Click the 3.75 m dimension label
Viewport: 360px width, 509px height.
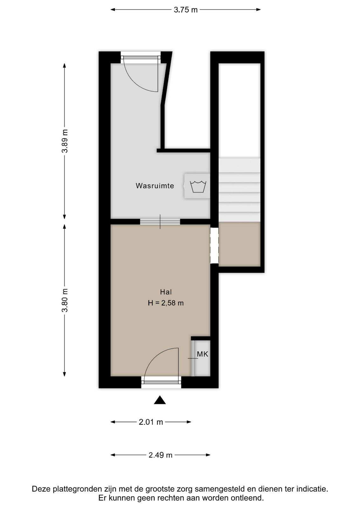[x=185, y=10]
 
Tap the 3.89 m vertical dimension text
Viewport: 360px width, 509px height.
[x=65, y=141]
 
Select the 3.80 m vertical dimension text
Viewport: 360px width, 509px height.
[x=65, y=300]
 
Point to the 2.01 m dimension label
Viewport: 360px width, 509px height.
[x=151, y=422]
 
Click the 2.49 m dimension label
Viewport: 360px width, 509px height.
[x=160, y=455]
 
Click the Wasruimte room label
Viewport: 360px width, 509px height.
[x=155, y=186]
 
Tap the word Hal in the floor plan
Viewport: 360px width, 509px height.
[x=166, y=292]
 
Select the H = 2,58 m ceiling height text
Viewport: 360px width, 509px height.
[x=166, y=303]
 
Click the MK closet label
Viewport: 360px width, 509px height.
[x=202, y=354]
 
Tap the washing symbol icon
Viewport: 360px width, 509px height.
[x=198, y=186]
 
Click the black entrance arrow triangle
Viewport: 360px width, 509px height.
[x=160, y=400]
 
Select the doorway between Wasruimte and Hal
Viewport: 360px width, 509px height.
[x=160, y=222]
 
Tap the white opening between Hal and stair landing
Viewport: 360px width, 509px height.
[x=214, y=246]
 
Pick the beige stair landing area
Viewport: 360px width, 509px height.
[x=239, y=244]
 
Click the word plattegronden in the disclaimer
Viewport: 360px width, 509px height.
[x=78, y=489]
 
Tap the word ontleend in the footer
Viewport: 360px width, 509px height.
[x=247, y=498]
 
